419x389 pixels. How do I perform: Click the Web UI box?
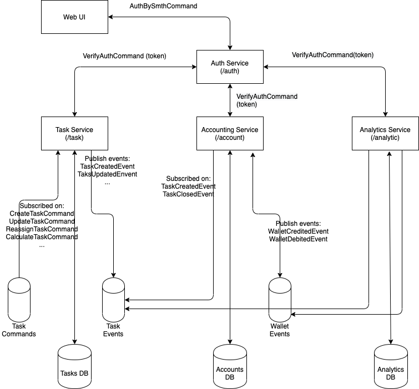tap(74, 17)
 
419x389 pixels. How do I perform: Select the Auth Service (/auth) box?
tap(230, 67)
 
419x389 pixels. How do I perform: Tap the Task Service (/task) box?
tap(74, 134)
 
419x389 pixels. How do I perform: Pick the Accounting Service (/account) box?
tap(230, 134)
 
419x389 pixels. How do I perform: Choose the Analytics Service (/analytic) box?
tap(385, 134)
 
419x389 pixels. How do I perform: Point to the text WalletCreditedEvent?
tap(298, 231)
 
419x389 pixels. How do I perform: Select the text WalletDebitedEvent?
tap(297, 239)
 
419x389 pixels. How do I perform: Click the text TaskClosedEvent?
tap(188, 194)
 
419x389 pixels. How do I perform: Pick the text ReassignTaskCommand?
tap(42, 229)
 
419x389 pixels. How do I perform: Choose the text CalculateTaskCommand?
tap(42, 237)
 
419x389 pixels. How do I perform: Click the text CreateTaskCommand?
tap(42, 214)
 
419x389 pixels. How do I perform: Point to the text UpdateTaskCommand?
tap(42, 221)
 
